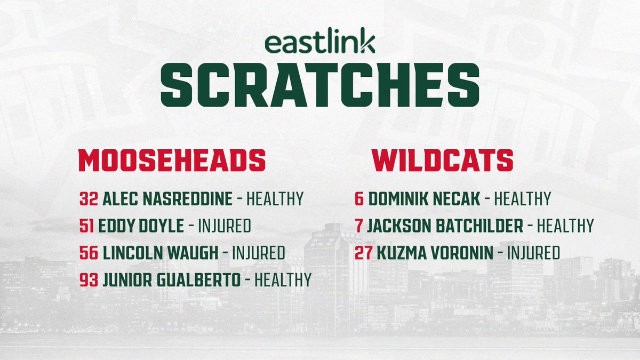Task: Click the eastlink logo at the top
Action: click(320, 43)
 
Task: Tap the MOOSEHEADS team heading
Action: click(172, 159)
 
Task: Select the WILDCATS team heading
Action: click(443, 159)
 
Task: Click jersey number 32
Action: click(87, 199)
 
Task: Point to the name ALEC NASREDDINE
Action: click(167, 199)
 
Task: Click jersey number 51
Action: click(87, 226)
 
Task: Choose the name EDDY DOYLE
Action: click(141, 226)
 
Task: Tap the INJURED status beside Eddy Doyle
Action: click(225, 226)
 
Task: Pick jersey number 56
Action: click(88, 253)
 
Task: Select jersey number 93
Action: click(88, 279)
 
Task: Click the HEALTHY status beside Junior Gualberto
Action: click(283, 279)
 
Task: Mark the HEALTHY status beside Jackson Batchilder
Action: click(565, 226)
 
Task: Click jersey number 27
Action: click(363, 253)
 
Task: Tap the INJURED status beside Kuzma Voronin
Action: click(533, 253)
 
